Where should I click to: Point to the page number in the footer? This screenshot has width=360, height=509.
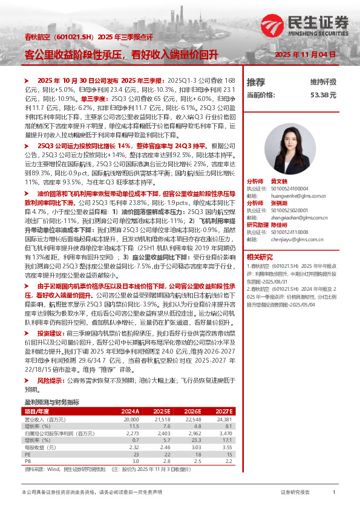334,493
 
